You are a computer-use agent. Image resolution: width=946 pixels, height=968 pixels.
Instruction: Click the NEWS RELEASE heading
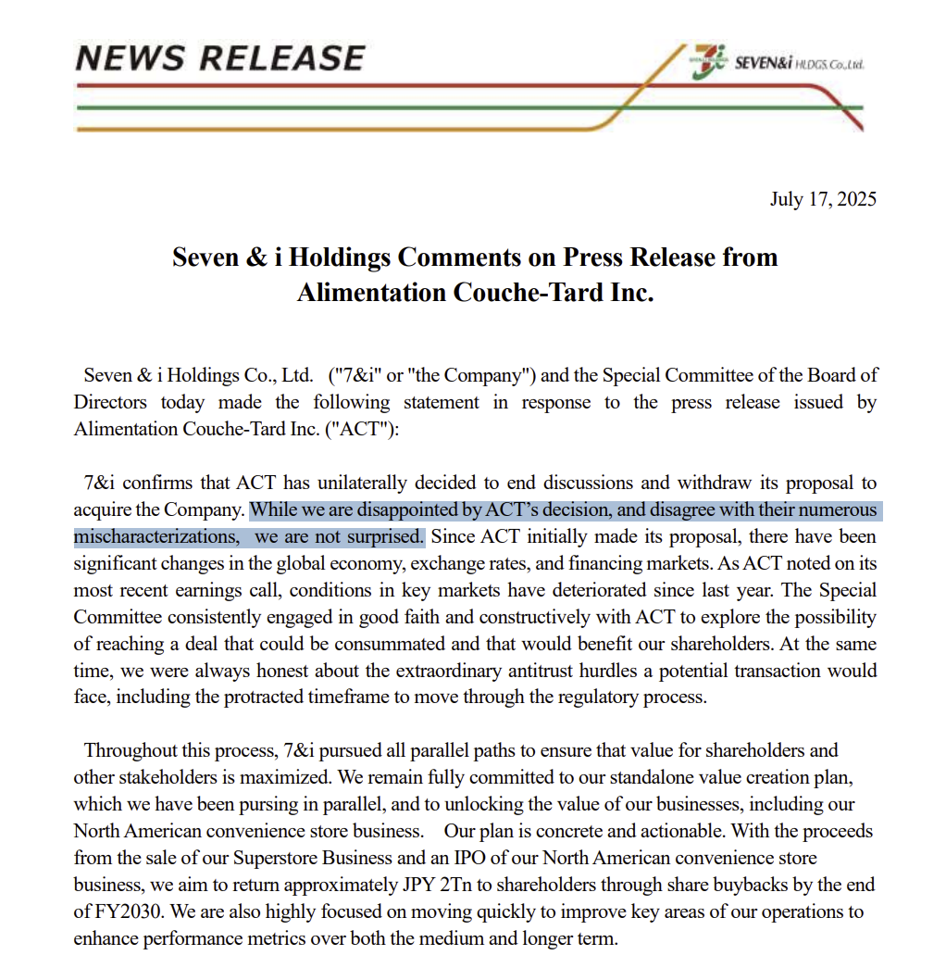pyautogui.click(x=220, y=59)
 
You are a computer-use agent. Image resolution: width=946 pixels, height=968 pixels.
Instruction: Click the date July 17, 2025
pyautogui.click(x=823, y=199)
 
